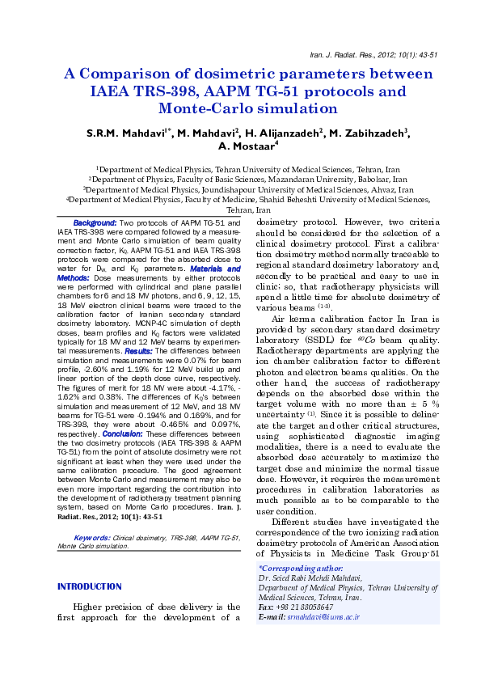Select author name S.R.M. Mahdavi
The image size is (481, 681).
(125, 133)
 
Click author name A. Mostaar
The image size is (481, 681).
(247, 147)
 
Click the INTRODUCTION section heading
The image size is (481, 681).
(90, 586)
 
